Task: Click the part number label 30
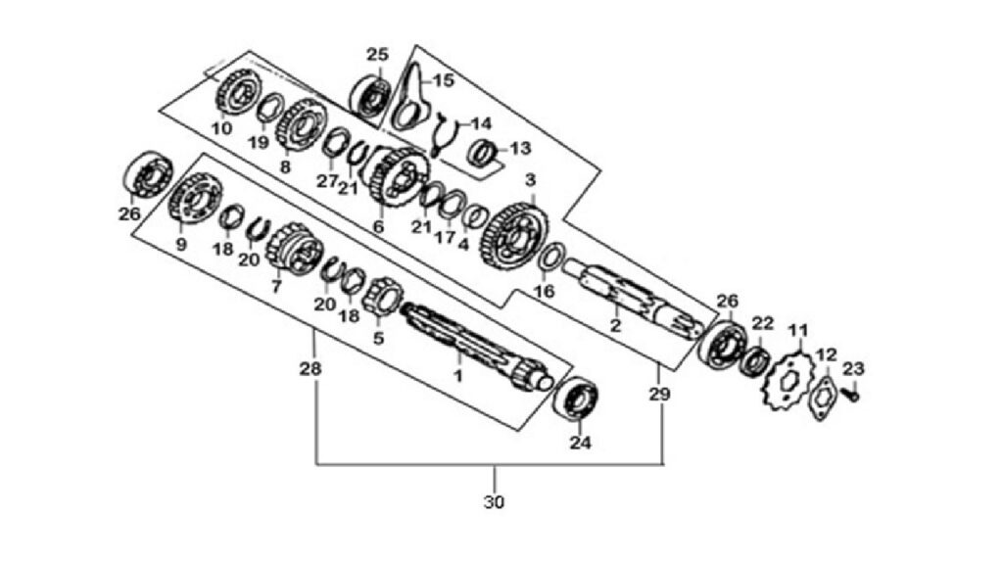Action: click(x=494, y=502)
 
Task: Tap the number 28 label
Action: click(x=310, y=369)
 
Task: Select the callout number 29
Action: click(x=659, y=395)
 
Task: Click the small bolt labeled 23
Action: click(x=851, y=396)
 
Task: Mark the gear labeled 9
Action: click(x=195, y=203)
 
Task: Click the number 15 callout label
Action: click(x=444, y=81)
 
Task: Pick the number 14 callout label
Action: click(x=481, y=122)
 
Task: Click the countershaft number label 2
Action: click(x=615, y=325)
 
